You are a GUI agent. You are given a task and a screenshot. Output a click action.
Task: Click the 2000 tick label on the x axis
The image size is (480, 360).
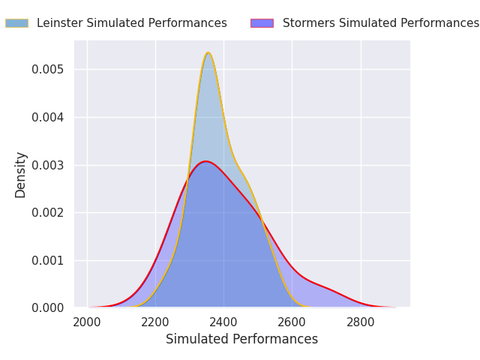point(87,322)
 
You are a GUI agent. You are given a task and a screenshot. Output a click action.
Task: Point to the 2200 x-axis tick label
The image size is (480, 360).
point(155,322)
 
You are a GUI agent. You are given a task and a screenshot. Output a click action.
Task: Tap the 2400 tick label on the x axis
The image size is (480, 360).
point(223,322)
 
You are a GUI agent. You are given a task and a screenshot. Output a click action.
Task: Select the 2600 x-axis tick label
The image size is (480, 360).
point(292,322)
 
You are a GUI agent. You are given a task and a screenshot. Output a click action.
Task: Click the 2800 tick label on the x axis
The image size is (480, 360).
point(361,322)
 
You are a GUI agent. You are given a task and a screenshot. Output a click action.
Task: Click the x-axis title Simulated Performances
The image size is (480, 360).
point(241,340)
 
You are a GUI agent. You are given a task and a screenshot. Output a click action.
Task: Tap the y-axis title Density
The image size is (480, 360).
point(21,175)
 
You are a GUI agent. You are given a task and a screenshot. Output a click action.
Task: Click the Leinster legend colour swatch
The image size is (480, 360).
point(16,23)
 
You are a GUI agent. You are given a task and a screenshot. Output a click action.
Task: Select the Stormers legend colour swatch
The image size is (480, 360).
point(262,23)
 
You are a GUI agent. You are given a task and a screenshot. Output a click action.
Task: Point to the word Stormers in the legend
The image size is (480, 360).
point(307,23)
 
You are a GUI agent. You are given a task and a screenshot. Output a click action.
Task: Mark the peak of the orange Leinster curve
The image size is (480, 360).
point(208,52)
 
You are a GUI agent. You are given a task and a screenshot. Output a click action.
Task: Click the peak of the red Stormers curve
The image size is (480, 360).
point(205,161)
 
